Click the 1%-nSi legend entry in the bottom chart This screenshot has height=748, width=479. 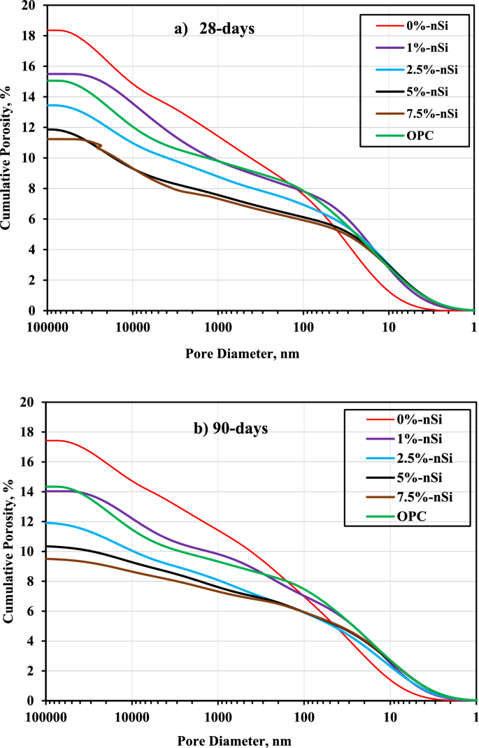click(x=413, y=438)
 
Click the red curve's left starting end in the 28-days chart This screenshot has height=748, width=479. click(x=48, y=30)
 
